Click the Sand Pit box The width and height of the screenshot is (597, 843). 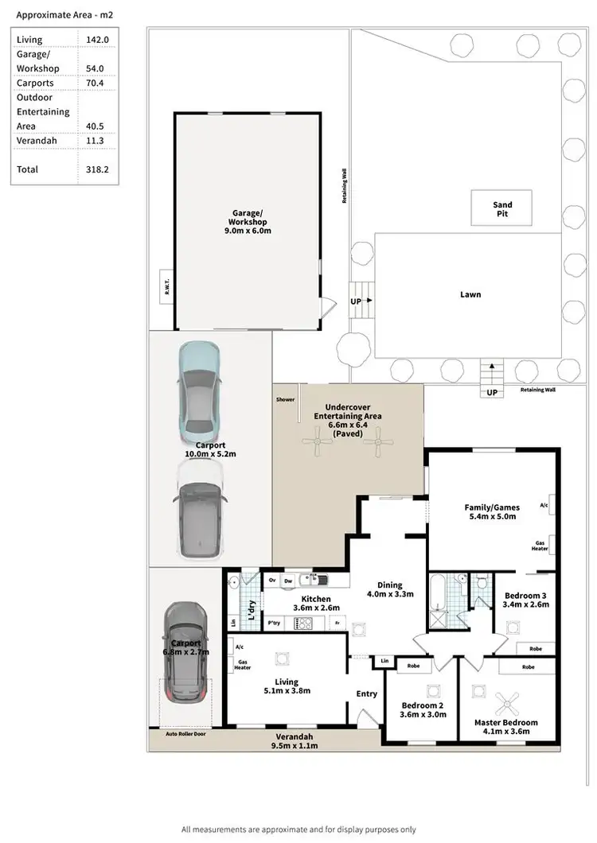501,209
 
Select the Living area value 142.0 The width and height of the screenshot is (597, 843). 98,40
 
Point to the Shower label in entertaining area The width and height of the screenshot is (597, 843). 285,399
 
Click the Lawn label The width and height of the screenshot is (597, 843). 470,294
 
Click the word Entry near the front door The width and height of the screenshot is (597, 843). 366,694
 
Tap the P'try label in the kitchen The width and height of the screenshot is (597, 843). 275,623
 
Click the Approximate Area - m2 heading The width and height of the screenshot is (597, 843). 54,14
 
